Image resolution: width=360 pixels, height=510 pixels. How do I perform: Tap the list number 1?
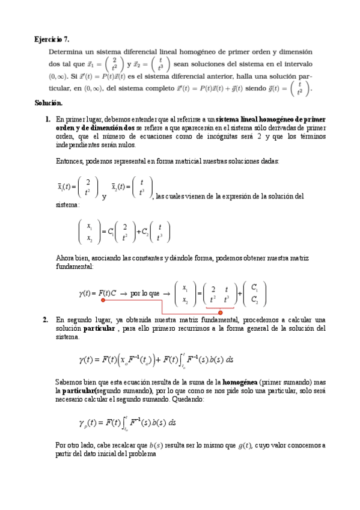[x=47, y=120]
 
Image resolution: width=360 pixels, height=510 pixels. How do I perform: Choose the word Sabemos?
[x=69, y=382]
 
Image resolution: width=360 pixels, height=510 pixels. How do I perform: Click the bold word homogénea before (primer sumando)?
[x=240, y=382]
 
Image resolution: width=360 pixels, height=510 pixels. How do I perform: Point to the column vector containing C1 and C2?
[x=255, y=293]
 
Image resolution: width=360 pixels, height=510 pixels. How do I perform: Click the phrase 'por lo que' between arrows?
[x=145, y=293]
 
